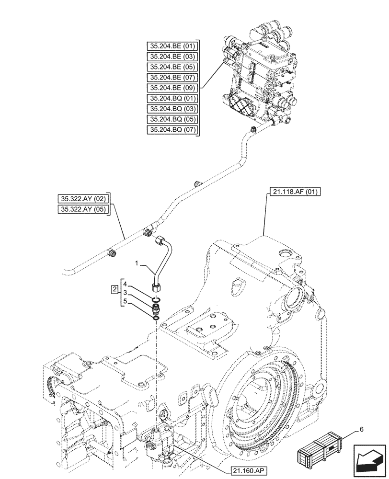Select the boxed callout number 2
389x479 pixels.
(x=114, y=289)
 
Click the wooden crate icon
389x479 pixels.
(x=320, y=448)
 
